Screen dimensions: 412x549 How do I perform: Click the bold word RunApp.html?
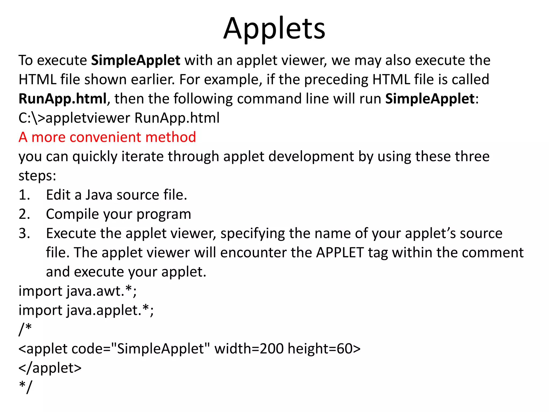pos(63,99)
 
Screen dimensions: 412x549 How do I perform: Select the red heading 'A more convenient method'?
pos(107,137)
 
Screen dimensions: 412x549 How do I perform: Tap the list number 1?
pos(24,195)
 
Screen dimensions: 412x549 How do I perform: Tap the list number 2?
pos(24,214)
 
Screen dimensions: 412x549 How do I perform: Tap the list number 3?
pos(24,233)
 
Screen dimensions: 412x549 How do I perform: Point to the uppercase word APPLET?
pos(340,252)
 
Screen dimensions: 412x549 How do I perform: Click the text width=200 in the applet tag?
pos(249,348)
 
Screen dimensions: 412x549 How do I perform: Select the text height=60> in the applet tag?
pos(324,348)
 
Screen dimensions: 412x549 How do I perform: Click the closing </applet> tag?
pos(50,368)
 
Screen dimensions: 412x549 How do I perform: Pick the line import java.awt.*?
pos(77,291)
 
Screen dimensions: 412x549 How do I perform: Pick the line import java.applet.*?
pos(86,310)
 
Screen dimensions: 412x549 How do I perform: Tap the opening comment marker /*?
pos(25,329)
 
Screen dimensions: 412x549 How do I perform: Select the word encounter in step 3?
pos(253,252)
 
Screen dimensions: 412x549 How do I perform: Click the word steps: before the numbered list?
pos(37,176)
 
